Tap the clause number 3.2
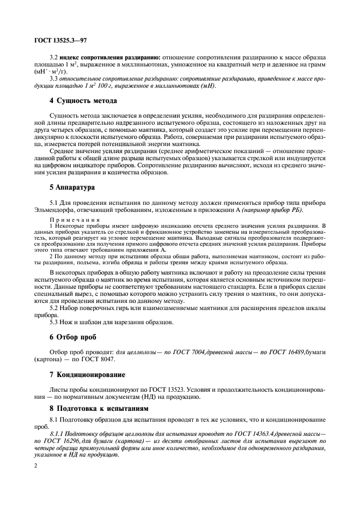54,57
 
